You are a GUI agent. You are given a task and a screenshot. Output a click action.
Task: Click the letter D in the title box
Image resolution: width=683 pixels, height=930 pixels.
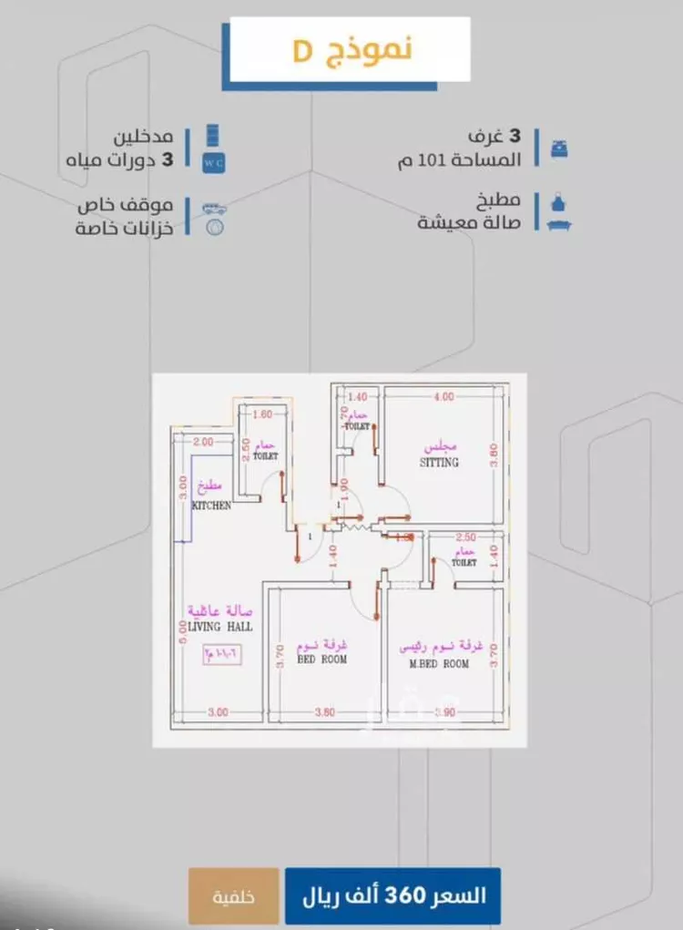[301, 51]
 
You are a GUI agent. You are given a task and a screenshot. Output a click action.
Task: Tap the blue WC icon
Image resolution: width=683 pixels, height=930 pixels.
[212, 162]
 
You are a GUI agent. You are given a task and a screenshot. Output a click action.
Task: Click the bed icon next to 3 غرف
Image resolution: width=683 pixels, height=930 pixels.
[559, 147]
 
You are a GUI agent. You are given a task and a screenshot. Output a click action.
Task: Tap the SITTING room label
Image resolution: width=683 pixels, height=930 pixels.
[439, 463]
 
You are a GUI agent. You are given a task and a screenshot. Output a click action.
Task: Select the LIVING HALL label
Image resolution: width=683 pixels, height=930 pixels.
[222, 627]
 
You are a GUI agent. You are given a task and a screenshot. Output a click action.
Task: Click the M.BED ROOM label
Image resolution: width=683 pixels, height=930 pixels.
[439, 664]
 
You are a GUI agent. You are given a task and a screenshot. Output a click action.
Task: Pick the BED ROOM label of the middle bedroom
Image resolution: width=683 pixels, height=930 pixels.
[321, 659]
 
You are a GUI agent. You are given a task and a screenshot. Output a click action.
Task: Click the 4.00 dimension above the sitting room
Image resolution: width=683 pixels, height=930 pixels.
[443, 396]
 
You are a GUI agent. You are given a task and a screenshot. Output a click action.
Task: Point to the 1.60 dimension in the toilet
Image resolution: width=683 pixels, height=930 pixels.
[261, 414]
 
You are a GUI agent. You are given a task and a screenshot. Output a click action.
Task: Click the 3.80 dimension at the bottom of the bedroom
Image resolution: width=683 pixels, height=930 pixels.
[324, 712]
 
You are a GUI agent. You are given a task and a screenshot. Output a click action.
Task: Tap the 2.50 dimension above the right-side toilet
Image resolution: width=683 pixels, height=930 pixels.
[465, 537]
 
